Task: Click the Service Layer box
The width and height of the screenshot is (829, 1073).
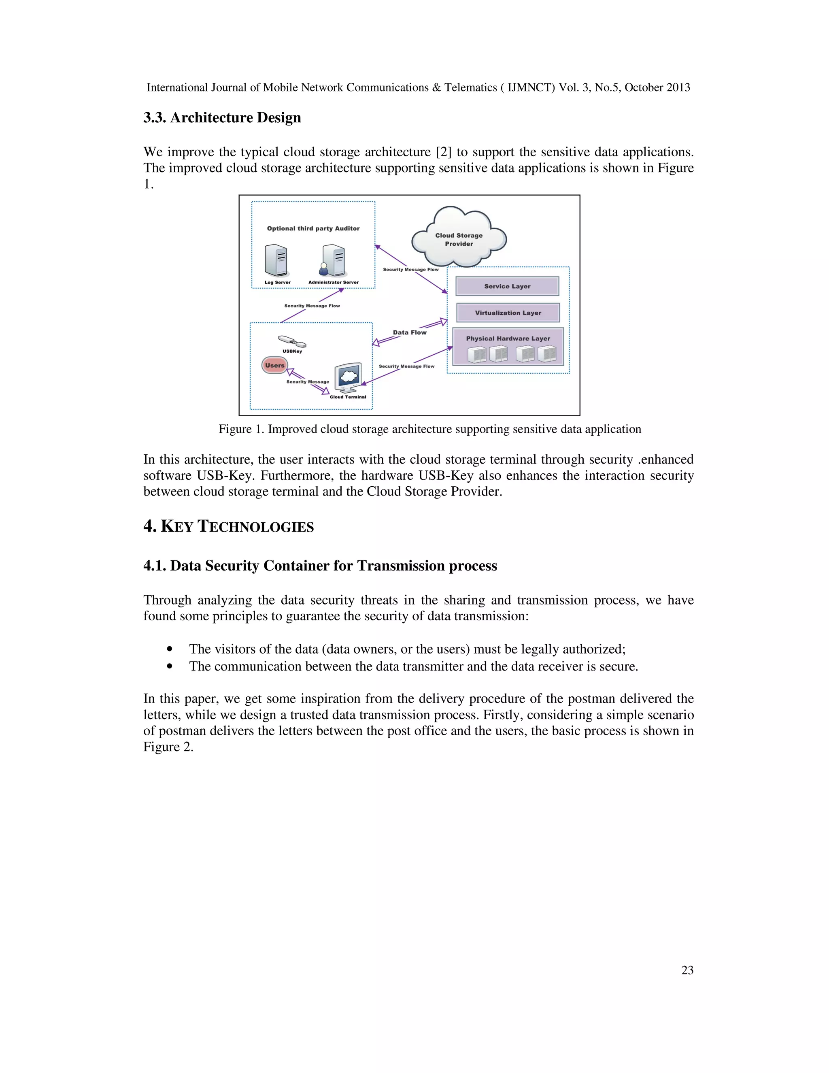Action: tap(507, 286)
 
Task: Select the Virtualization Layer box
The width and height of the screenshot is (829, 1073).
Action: tap(508, 313)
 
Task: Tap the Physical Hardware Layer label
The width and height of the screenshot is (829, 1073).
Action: tap(508, 339)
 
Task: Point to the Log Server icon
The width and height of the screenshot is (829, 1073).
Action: tap(276, 260)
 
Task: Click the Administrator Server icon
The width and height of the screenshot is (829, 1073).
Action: tap(334, 260)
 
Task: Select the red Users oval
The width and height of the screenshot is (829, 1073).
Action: tap(274, 365)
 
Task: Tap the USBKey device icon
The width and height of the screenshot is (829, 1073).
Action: tap(292, 341)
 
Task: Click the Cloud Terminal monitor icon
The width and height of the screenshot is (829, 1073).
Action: tap(348, 377)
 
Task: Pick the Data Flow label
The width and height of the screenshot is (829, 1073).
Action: tap(410, 332)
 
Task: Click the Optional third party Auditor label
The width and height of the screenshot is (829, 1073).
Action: tap(313, 228)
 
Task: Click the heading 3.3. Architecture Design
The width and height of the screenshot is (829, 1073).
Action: tap(222, 118)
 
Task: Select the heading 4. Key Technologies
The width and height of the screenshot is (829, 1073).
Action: tap(228, 527)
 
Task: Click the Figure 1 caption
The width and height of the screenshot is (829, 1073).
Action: tap(430, 429)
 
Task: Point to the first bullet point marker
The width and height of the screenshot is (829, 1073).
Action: tap(170, 649)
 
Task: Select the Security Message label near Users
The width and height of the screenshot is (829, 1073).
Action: tap(308, 382)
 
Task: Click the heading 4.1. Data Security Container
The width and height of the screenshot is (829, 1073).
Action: tap(320, 566)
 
